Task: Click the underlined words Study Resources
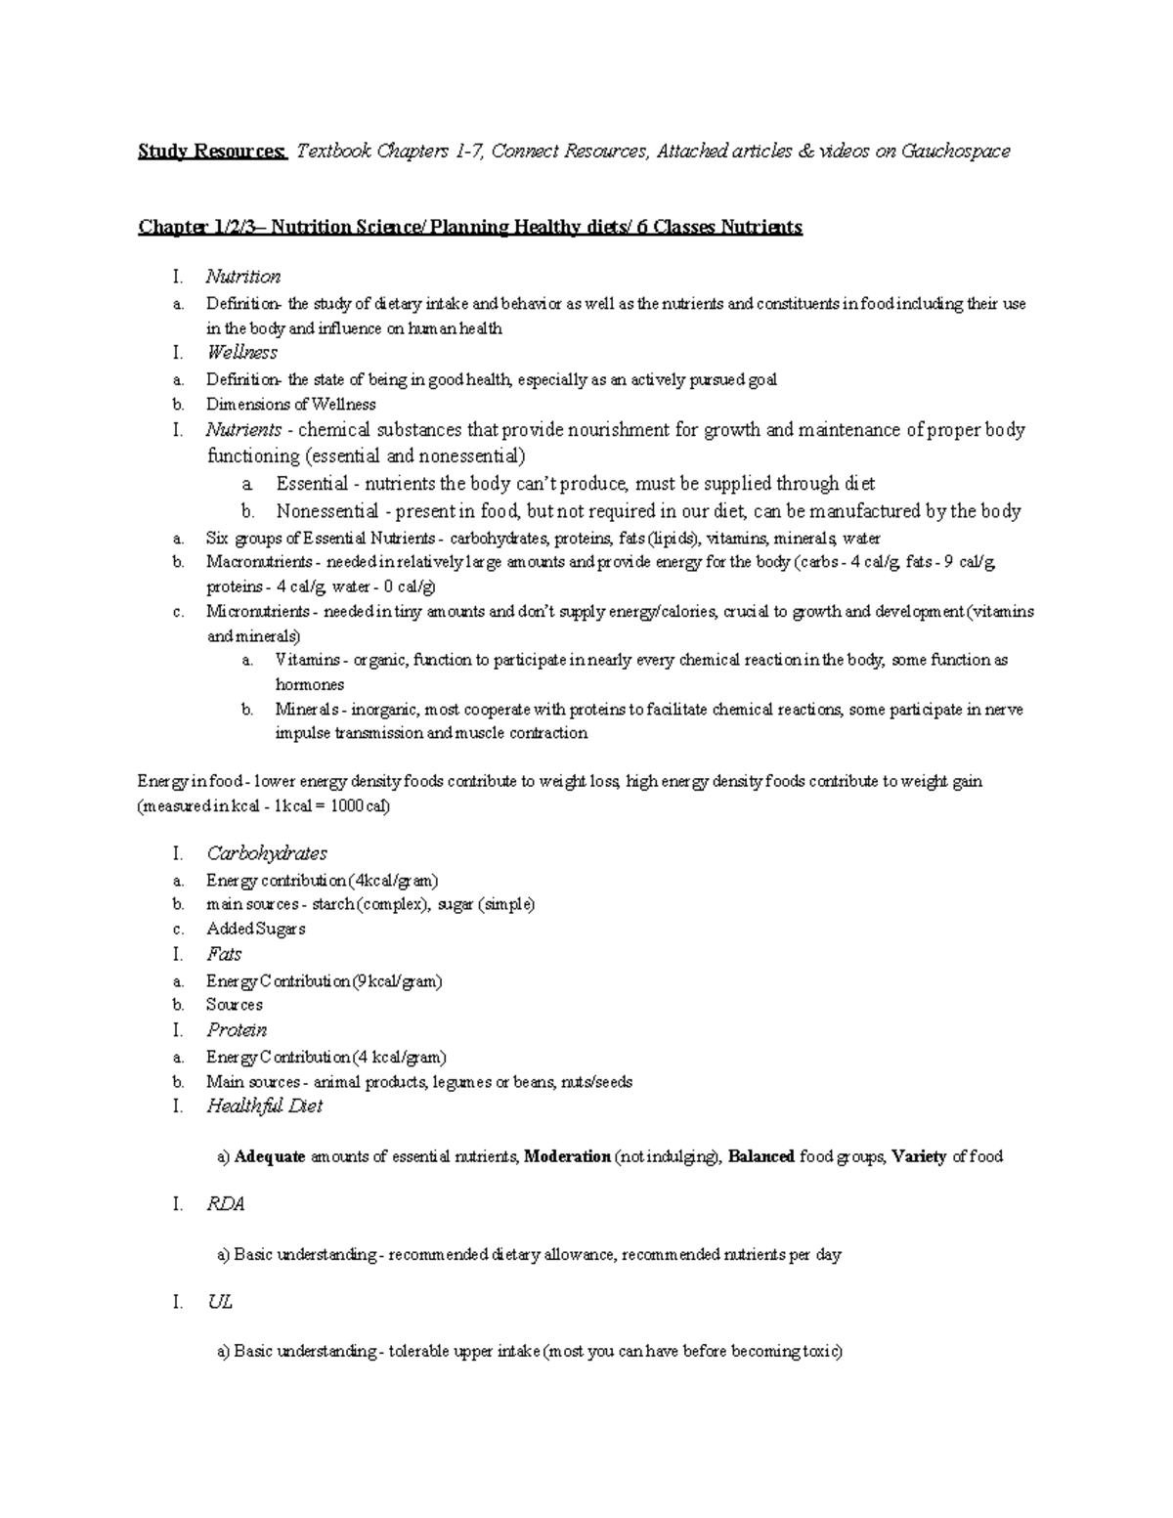[x=212, y=152]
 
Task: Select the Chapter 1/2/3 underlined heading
[x=470, y=228]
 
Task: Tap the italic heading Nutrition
[x=243, y=277]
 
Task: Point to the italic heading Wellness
[x=241, y=353]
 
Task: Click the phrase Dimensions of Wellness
[x=290, y=405]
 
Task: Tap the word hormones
[x=310, y=684]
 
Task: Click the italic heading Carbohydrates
[x=267, y=853]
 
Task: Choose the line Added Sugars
[x=255, y=929]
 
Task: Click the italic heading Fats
[x=224, y=954]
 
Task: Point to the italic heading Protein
[x=237, y=1030]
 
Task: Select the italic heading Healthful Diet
[x=264, y=1106]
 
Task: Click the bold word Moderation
[x=567, y=1157]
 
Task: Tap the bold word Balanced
[x=761, y=1157]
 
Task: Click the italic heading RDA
[x=225, y=1205]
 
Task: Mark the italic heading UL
[x=219, y=1303]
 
